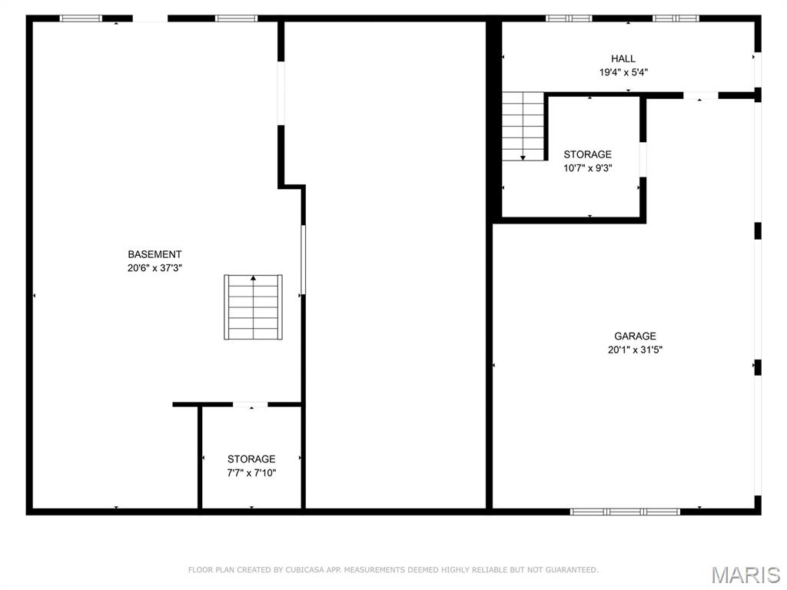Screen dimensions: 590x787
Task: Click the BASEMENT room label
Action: [x=154, y=254]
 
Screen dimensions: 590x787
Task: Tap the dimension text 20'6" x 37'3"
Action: [x=154, y=268]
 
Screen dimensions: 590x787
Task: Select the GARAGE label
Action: [x=635, y=336]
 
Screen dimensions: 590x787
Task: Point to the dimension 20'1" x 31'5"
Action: [x=635, y=350]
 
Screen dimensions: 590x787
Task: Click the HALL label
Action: [x=623, y=58]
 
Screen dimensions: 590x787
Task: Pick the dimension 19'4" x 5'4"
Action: [x=623, y=72]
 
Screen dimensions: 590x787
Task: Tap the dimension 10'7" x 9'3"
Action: [x=588, y=168]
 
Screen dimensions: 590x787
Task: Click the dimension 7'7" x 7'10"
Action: [x=251, y=473]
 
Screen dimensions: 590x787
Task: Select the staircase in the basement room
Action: [x=253, y=307]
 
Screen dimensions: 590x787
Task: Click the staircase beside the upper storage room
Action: [x=523, y=126]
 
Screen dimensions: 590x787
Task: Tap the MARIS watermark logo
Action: [x=745, y=574]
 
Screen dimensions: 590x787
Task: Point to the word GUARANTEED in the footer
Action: [x=569, y=570]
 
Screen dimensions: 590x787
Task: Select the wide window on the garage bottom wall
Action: [x=625, y=511]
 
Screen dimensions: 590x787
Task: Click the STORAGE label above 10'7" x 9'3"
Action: [x=588, y=154]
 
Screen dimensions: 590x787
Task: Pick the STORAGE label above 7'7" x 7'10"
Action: [x=251, y=459]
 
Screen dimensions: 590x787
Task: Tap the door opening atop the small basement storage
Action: [x=250, y=404]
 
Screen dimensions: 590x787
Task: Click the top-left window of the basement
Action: [x=81, y=18]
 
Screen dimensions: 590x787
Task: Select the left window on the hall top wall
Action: [x=569, y=18]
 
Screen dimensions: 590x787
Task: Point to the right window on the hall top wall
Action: [x=676, y=18]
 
